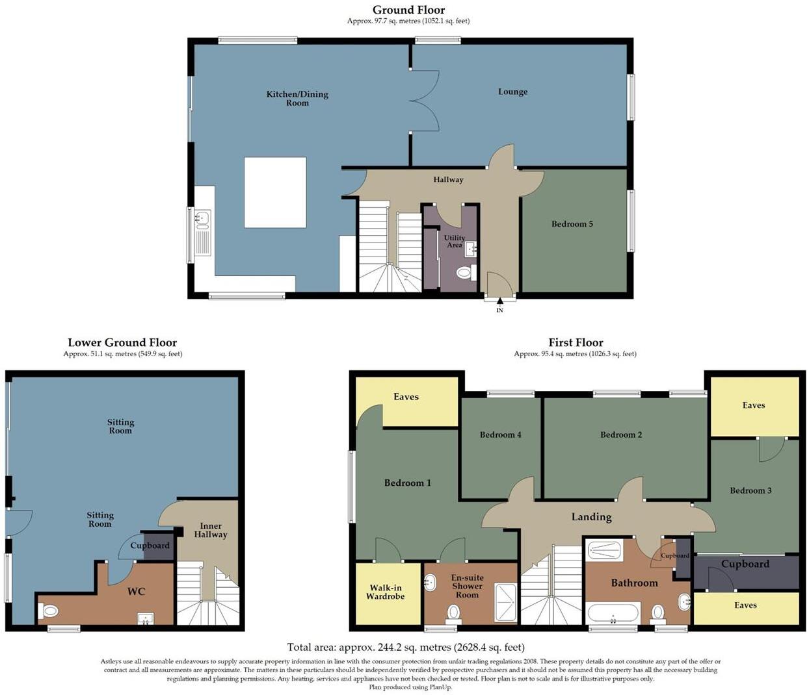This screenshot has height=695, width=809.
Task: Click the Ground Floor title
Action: pos(408,10)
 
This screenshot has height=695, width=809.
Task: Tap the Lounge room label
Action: pos(512,92)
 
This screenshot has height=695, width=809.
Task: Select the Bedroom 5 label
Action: pos(572,224)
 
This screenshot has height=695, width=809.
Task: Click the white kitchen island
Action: pos(275,192)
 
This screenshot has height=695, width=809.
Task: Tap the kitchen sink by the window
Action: pos(202,220)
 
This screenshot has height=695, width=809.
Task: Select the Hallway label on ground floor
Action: pos(448,180)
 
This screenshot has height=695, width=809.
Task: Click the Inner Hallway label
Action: pos(211,530)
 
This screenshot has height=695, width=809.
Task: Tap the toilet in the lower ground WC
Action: pos(49,611)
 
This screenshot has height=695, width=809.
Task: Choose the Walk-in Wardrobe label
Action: pos(385,592)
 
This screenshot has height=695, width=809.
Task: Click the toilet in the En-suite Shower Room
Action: pos(454,612)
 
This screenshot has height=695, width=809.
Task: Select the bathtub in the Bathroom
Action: pos(613,613)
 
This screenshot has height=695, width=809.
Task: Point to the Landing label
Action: pos(591,517)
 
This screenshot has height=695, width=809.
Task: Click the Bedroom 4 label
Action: pos(500,435)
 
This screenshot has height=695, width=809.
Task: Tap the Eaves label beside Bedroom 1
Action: pos(406,397)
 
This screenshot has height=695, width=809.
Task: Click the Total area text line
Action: pos(405,647)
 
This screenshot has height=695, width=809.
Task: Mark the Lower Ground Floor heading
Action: pos(122,342)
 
